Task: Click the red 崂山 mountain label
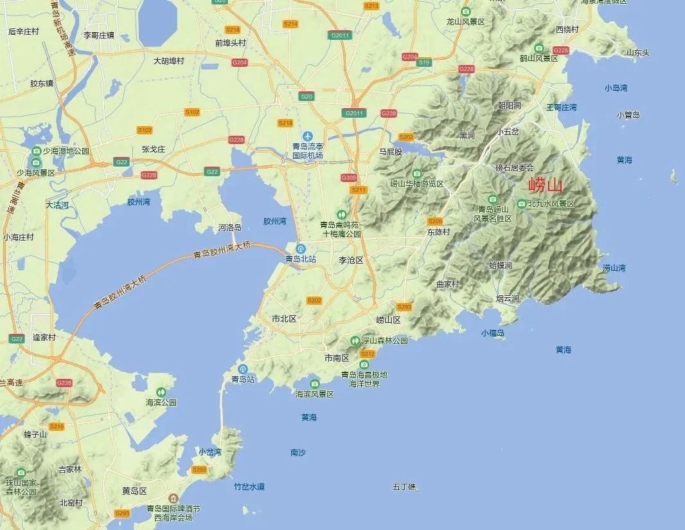(545, 187)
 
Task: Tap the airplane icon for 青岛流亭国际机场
(308, 137)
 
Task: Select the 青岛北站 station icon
(301, 249)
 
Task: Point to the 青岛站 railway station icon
(243, 369)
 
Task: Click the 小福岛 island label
(493, 333)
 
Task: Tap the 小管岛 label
(628, 115)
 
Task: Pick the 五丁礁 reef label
(404, 487)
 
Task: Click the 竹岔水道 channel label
(249, 487)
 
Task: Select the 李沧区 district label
(351, 260)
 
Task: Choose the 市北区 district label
(284, 318)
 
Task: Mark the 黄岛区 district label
(135, 491)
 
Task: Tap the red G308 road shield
(349, 178)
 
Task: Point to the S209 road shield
(435, 221)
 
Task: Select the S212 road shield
(368, 354)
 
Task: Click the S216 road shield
(57, 426)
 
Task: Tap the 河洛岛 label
(229, 227)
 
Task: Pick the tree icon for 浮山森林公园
(355, 340)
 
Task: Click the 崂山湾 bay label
(614, 268)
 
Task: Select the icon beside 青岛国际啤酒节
(173, 498)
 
